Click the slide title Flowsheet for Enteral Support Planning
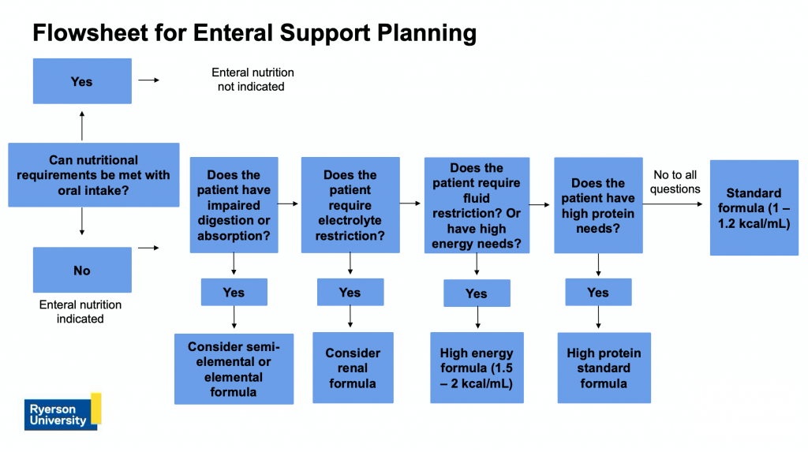[x=254, y=32]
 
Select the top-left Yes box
[x=82, y=81]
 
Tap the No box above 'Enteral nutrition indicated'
[x=82, y=270]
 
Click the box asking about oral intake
[x=93, y=175]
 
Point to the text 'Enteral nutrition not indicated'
[x=252, y=79]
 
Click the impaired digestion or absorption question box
[x=234, y=204]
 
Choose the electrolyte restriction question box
[x=350, y=204]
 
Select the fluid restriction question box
[x=477, y=205]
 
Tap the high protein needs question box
[x=598, y=205]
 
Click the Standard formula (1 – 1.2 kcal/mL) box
[x=754, y=207]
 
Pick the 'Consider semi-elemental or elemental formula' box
[x=234, y=368]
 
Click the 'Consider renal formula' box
[x=353, y=368]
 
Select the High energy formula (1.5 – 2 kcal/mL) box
[x=477, y=368]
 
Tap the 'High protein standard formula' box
[x=604, y=368]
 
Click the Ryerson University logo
[x=62, y=411]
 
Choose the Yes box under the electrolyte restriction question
[x=350, y=292]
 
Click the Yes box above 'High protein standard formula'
[x=598, y=292]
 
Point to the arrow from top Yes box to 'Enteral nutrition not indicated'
[x=148, y=80]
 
